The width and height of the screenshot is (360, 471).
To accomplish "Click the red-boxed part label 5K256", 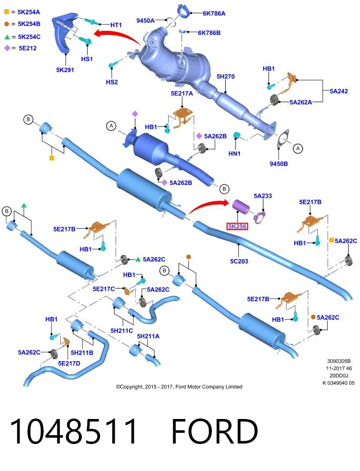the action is coord(237,226).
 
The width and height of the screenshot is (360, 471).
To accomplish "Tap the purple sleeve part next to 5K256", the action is coord(240,207).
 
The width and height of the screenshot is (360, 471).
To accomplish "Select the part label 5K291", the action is coord(65,70).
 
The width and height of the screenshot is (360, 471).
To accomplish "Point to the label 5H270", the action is coord(226,77).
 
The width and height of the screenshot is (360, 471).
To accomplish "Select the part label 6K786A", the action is coord(214,13).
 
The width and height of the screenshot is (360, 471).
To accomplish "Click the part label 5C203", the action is coord(239,261).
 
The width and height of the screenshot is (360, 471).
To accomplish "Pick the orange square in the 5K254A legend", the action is coord(6,12).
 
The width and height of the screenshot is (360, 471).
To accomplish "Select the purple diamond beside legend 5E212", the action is coord(7,48).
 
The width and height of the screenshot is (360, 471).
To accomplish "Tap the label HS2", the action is coord(112,82).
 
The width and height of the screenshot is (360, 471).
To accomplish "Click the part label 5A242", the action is coord(339,91).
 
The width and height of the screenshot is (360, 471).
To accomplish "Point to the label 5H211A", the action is coord(148,336).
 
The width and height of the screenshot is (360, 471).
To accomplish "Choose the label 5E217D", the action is coord(69,363).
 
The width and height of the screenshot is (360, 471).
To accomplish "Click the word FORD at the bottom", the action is coord(214,431).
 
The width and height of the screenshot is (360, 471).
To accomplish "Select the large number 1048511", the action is coord(74,431).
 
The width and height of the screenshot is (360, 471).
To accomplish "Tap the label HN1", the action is coord(234,154).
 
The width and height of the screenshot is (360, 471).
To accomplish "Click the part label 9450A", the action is coord(145,21).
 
